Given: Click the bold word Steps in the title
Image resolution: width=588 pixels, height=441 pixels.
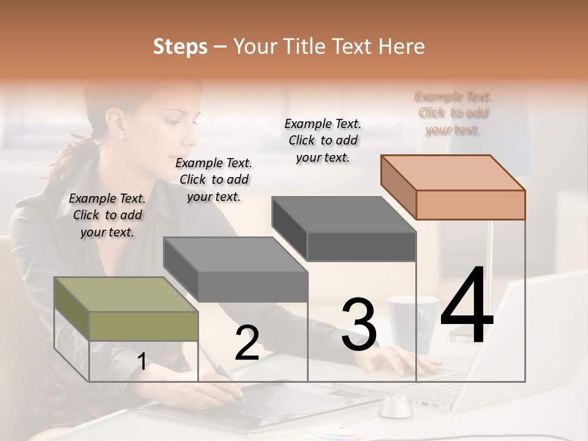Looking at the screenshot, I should pos(180,47).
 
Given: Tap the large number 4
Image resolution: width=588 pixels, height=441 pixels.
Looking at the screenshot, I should pos(467,306).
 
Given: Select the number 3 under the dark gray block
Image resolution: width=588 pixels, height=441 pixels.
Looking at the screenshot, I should pos(359,325).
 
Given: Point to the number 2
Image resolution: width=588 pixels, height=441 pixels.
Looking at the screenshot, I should pos(247,343).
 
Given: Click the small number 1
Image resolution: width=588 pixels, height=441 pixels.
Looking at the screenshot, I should pos(141,362).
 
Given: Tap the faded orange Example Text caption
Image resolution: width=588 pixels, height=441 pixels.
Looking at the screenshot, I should pos(453,113).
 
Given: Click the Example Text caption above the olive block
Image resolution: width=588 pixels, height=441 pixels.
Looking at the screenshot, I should pos(107,215).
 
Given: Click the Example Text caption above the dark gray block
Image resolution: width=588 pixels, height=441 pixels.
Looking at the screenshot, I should pos(323,140).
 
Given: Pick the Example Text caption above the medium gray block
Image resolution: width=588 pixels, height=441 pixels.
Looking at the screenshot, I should pos(214,179).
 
